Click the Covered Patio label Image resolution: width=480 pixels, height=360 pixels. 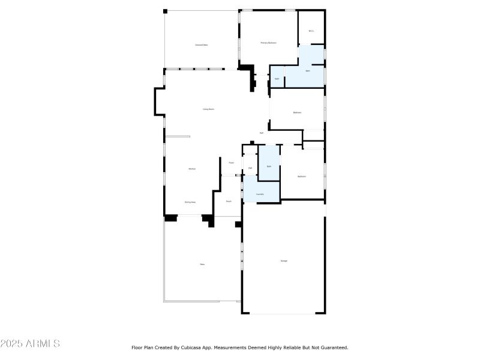pos(201,45)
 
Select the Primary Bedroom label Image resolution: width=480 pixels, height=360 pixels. pos(268,43)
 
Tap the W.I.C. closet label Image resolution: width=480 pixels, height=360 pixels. pos(311,31)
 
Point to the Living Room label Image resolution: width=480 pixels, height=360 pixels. pos(208,109)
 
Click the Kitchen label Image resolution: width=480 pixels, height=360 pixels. pos(192,169)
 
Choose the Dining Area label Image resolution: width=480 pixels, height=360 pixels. pos(190,202)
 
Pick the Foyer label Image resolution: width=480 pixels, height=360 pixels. pos(231,163)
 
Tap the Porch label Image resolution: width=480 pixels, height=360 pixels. pos(229,202)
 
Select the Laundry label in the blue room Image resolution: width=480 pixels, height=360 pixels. pos(260,194)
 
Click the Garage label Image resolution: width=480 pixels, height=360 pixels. pos(284,260)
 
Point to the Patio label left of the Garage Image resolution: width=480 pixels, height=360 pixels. pos(202,264)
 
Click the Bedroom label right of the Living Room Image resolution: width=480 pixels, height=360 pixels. pos(297,112)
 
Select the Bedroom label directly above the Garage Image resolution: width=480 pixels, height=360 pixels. pos(302,176)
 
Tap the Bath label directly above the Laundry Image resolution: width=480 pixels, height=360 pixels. pos(269,166)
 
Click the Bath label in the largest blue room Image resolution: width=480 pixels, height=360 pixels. pos(308,71)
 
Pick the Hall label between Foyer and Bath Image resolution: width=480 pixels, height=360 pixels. pos(250,168)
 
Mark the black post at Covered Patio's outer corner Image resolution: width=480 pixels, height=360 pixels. pos(166,11)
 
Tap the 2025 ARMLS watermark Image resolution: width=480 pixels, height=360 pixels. pos(30,344)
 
